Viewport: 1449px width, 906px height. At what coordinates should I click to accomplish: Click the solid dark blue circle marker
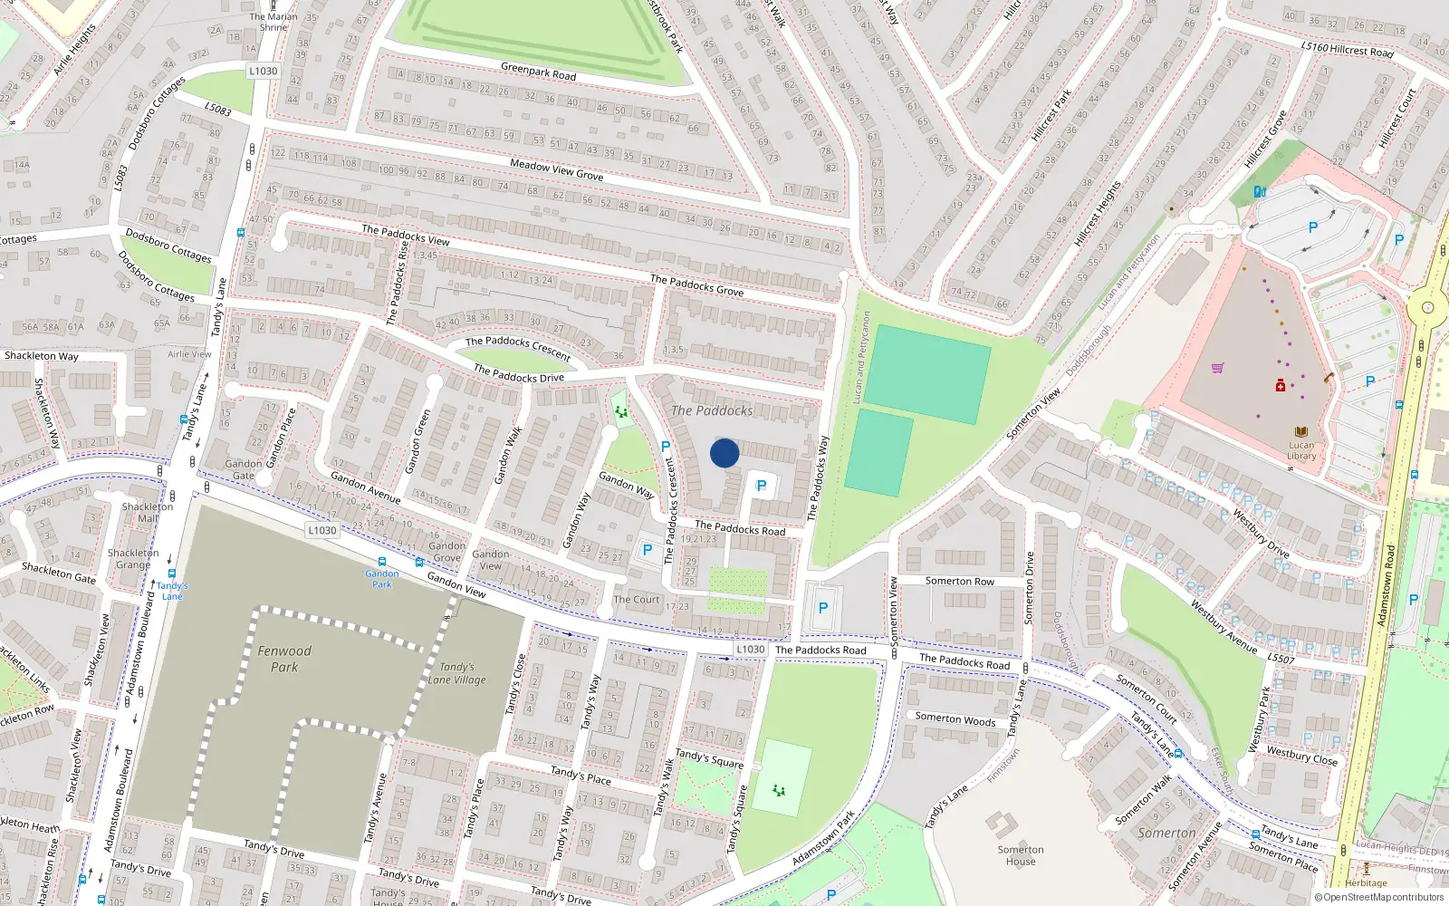tap(724, 453)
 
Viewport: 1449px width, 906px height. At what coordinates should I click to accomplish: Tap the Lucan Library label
tap(1301, 450)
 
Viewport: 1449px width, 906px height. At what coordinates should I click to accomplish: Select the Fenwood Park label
tap(284, 659)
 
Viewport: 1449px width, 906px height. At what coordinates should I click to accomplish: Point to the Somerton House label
tap(1021, 855)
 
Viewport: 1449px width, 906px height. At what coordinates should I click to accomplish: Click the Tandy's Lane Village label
tap(456, 673)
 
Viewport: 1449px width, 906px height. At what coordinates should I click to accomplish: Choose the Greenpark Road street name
tap(538, 71)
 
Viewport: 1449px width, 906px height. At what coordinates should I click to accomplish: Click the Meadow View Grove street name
tap(556, 169)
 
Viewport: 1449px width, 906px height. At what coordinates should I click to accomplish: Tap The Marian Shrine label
tap(273, 22)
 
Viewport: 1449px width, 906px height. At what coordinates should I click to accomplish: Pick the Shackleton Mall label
tap(148, 513)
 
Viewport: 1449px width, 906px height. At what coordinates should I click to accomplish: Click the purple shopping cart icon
tap(1218, 368)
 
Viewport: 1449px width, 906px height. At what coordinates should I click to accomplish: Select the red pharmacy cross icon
tap(1281, 386)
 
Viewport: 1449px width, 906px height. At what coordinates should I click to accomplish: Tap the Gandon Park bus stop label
tap(382, 578)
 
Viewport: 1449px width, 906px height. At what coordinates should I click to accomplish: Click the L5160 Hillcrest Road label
tap(1347, 49)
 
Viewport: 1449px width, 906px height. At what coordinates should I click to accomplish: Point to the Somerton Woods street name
tap(955, 719)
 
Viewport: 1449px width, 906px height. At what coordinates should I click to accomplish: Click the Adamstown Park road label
tap(823, 840)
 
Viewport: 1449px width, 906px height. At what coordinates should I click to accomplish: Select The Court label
tap(637, 600)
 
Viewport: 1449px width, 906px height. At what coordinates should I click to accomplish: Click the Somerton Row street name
tap(959, 582)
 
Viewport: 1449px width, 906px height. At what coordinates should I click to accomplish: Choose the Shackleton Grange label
tap(133, 558)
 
